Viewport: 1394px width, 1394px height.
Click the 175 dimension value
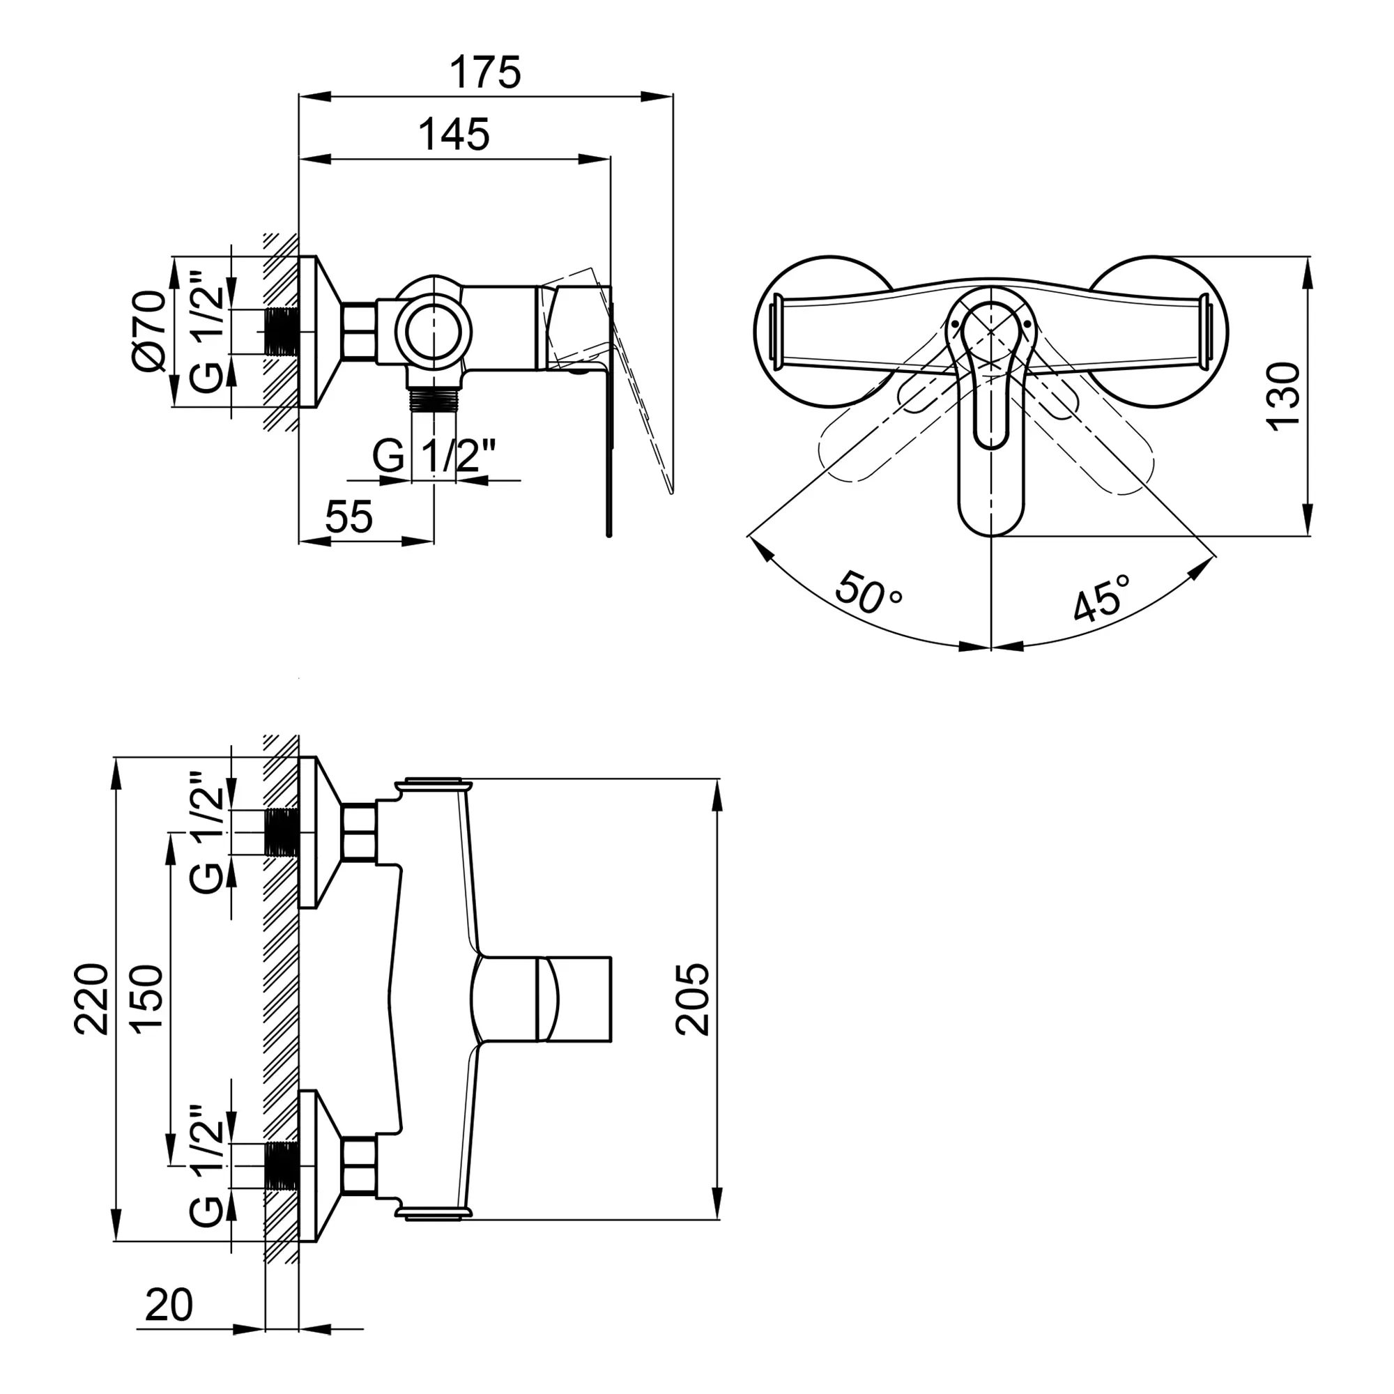[x=485, y=72]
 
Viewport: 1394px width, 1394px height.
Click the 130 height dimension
[x=1285, y=397]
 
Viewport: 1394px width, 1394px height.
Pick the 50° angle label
[x=868, y=592]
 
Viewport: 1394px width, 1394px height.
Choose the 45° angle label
[x=1102, y=597]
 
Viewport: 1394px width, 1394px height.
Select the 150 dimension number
[x=147, y=999]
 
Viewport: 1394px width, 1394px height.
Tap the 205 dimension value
[x=693, y=999]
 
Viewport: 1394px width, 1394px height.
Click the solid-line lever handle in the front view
[x=990, y=411]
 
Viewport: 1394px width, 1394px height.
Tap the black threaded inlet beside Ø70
[x=282, y=332]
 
